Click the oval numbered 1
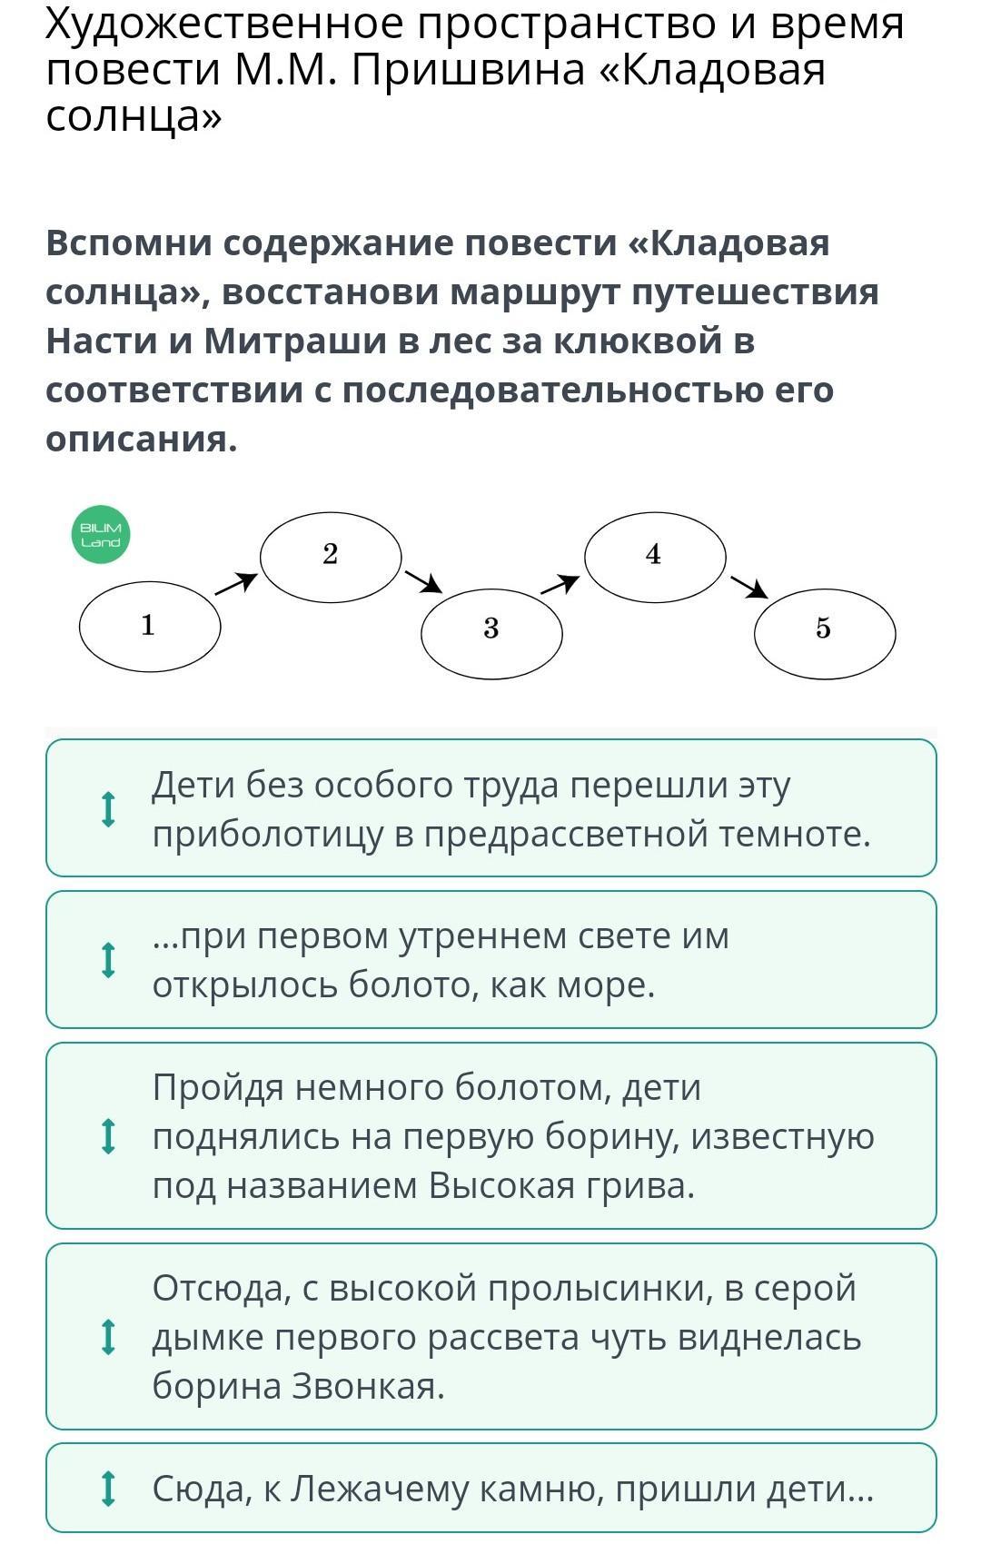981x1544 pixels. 150,626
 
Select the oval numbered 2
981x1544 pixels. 331,556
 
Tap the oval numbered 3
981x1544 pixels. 491,632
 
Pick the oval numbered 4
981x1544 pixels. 654,556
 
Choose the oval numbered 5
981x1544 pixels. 824,632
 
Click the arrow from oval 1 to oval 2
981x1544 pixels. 236,584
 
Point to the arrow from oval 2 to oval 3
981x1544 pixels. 423,581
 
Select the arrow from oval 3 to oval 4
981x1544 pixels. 560,584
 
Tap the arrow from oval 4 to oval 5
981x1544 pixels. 749,588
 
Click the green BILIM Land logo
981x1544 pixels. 100,535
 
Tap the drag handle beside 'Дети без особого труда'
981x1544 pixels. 108,809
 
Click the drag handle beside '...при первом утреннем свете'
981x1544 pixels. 108,960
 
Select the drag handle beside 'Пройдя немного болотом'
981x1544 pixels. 108,1136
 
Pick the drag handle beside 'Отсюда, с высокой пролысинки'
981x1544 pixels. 108,1337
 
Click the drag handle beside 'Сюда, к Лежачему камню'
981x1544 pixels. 108,1489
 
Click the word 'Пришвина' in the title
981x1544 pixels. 468,70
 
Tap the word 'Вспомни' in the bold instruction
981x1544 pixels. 128,243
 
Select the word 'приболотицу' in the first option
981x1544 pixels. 268,834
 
